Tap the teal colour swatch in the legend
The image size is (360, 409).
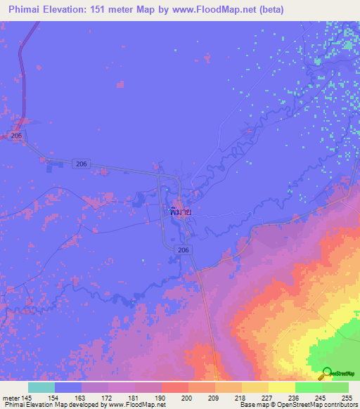(x=41, y=387)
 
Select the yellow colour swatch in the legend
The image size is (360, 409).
(x=282, y=387)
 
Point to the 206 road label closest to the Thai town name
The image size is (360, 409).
(x=184, y=249)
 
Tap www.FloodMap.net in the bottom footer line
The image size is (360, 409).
(x=136, y=405)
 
